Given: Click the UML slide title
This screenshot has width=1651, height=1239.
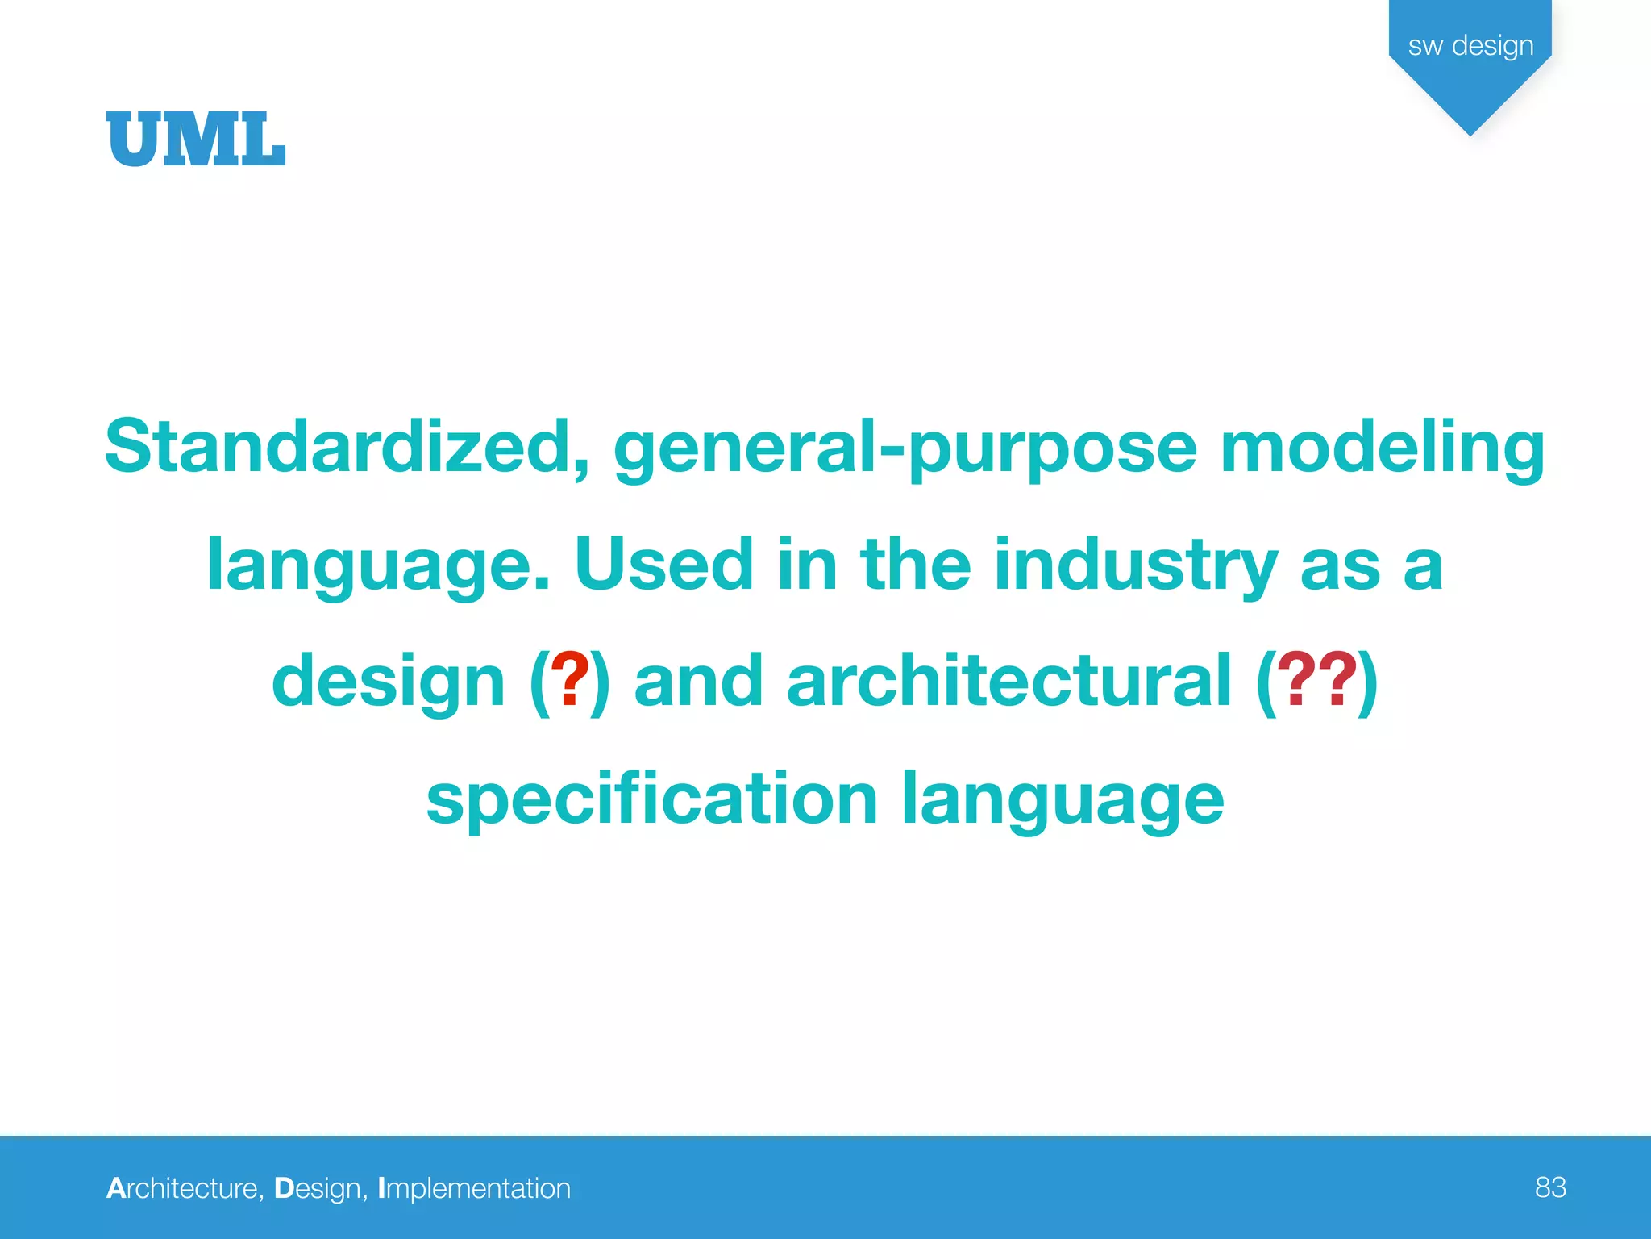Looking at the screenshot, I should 196,140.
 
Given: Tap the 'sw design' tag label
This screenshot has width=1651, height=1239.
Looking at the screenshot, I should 1470,46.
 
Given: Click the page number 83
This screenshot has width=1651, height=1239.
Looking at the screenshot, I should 1550,1187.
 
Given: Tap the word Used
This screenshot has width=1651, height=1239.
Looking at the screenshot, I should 663,565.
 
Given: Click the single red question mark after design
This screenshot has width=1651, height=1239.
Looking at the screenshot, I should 570,682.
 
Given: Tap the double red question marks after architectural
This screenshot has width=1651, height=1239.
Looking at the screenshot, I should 1316,682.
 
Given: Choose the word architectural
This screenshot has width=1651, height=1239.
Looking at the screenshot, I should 1008,682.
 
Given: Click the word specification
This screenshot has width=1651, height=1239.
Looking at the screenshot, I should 651,801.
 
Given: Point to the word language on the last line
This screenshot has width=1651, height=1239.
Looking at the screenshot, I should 1062,801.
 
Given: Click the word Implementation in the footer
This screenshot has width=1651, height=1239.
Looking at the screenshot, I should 474,1188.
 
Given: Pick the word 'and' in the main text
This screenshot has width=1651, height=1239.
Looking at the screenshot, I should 698,682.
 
